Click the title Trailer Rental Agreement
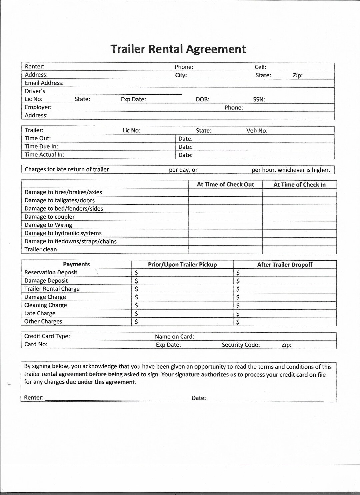(178, 49)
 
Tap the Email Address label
(44, 83)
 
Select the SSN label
(259, 99)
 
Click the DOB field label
(202, 99)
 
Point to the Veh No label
(257, 131)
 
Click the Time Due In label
(41, 147)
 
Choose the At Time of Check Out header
(225, 185)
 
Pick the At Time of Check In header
(299, 185)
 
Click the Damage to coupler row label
(49, 217)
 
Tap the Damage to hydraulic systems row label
(63, 233)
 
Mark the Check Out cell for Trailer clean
(225, 250)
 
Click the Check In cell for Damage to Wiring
(299, 225)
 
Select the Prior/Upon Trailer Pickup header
(182, 265)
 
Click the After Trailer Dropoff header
(285, 265)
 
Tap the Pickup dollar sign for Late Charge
(136, 314)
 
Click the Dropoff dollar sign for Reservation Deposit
(238, 273)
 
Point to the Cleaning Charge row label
(45, 305)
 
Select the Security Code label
(241, 345)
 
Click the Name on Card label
(174, 337)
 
